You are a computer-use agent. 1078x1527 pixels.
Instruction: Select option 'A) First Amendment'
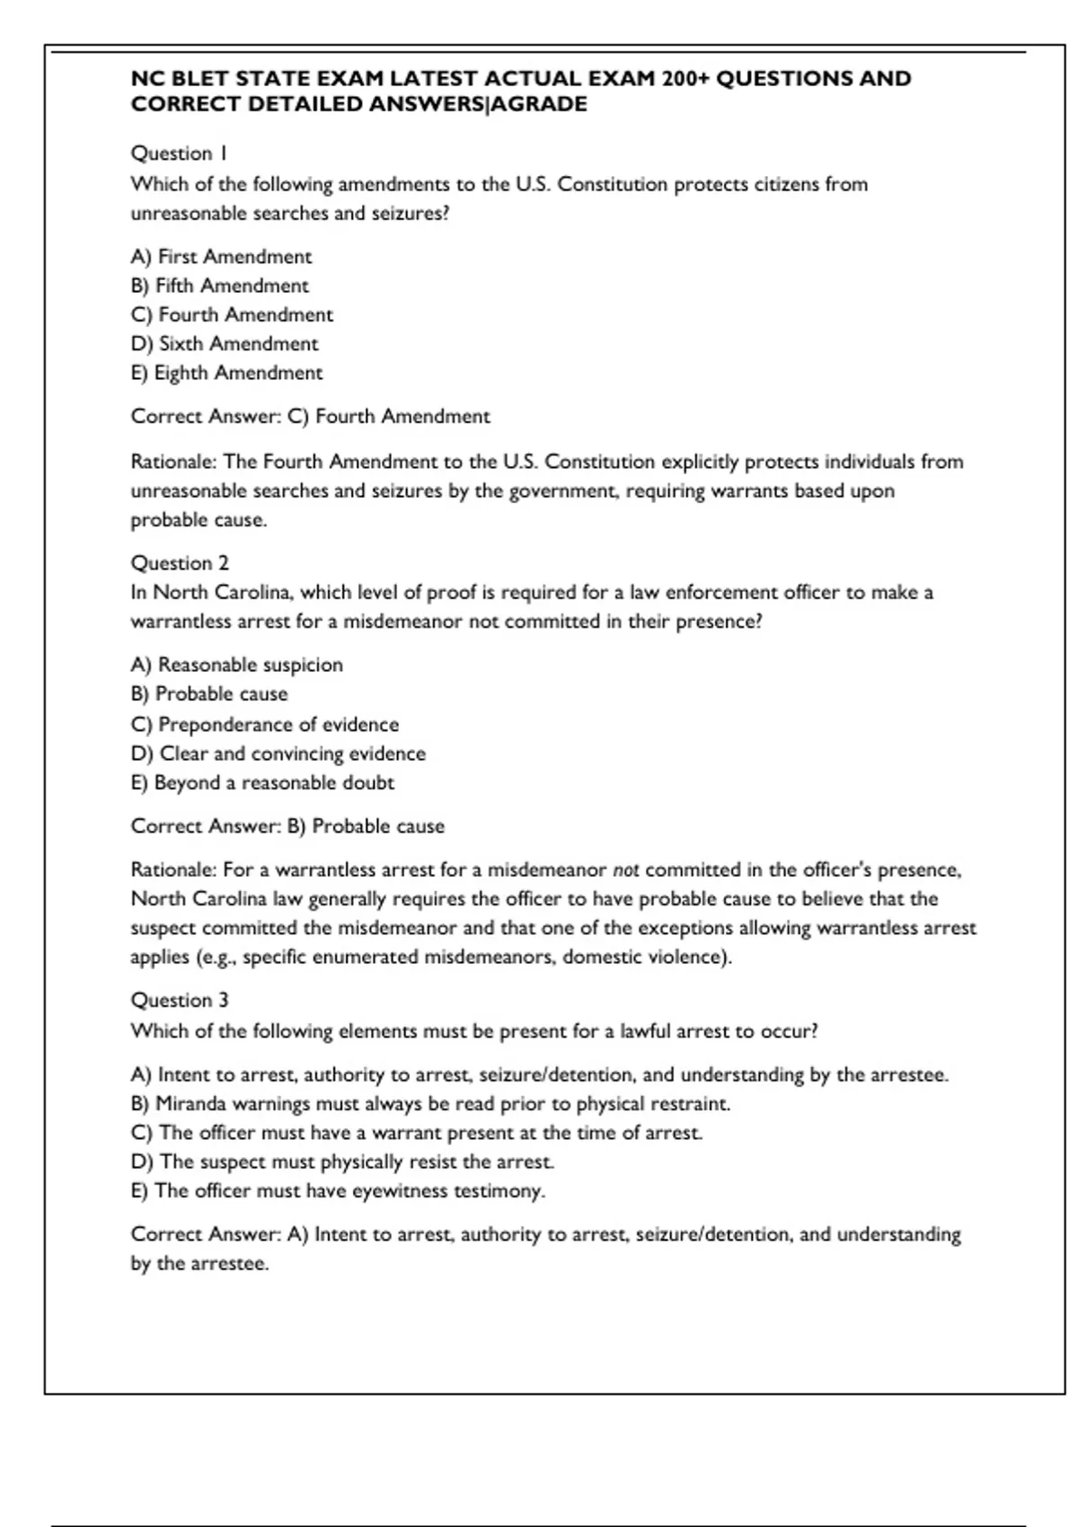[221, 257]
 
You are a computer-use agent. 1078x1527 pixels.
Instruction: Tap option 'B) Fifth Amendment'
[219, 286]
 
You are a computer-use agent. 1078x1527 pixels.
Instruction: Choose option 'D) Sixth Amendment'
[225, 344]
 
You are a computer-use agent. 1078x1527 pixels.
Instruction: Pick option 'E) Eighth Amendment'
[226, 373]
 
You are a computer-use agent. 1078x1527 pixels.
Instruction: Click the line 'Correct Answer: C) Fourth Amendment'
[310, 417]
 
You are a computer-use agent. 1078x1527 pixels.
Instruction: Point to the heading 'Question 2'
[180, 563]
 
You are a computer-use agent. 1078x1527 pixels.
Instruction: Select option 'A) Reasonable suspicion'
[236, 665]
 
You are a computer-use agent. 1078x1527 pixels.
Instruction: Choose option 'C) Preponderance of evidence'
[264, 725]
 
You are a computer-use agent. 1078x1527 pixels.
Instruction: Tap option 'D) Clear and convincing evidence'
[278, 754]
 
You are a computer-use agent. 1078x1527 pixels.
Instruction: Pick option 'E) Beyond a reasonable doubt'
[262, 782]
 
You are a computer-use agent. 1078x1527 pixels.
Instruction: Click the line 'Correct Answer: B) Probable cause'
[287, 826]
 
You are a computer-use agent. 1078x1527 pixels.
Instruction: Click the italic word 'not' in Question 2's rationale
[625, 870]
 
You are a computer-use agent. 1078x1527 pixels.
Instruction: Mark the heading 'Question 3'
[180, 1001]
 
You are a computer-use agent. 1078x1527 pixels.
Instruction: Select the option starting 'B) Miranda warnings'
[430, 1104]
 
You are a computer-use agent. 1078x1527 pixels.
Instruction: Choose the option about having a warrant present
[417, 1133]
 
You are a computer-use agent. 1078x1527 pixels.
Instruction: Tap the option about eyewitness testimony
[338, 1191]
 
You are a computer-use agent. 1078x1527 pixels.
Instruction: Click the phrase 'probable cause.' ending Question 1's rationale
[199, 520]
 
